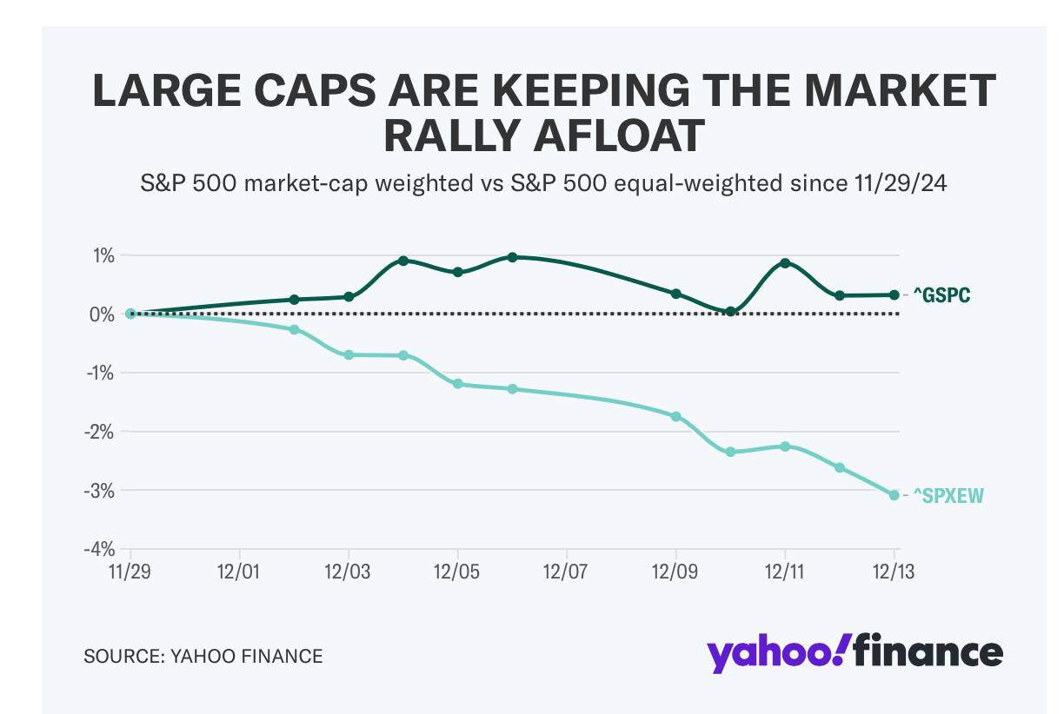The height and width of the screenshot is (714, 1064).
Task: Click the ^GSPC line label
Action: click(941, 295)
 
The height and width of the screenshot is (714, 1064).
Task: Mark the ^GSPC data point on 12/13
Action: click(894, 294)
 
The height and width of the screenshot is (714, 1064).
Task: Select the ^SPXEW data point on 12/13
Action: click(894, 495)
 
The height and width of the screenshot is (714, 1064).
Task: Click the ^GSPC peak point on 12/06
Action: click(512, 257)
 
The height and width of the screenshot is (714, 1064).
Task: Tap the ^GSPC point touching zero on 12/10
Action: click(730, 312)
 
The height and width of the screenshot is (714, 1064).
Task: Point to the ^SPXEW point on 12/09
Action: click(676, 416)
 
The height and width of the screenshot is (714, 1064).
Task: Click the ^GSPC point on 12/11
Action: click(785, 262)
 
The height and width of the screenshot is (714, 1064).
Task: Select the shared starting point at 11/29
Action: click(130, 314)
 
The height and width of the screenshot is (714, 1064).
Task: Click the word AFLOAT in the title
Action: click(598, 136)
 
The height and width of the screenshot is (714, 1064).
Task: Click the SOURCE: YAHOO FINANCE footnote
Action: click(203, 656)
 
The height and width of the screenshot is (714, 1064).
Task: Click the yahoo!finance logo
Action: click(855, 652)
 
